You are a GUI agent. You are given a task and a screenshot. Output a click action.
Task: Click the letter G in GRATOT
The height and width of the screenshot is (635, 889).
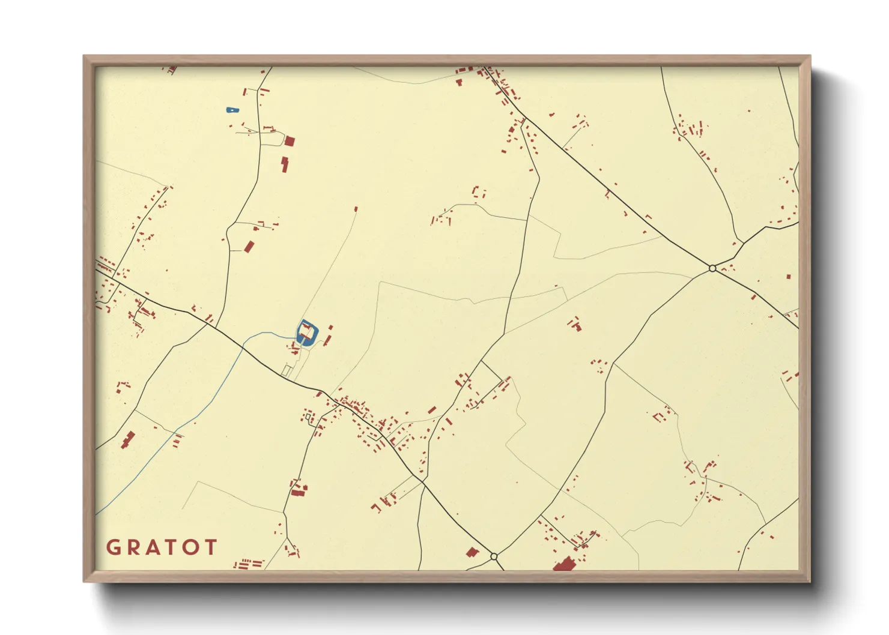pos(113,547)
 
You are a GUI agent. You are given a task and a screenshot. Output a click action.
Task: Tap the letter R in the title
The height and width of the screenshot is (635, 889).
pos(133,547)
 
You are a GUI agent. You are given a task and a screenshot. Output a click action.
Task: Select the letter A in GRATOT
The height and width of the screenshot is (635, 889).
pos(154,547)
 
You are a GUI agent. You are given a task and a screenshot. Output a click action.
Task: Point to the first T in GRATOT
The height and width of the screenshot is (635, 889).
pos(172,547)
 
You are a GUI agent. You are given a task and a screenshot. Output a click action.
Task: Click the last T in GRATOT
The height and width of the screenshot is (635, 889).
pos(210,547)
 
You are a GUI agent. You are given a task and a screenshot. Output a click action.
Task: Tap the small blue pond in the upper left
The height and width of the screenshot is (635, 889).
pos(232,110)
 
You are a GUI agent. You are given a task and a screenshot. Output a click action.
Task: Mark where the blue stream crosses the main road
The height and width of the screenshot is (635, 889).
pos(243,346)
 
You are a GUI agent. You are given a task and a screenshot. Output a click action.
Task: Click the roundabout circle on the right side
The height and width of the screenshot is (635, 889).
pos(712,268)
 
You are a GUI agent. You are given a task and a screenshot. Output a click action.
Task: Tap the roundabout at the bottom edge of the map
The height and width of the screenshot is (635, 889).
pos(494,557)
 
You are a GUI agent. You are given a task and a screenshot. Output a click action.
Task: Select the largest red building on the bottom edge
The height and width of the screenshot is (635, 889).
pos(563,564)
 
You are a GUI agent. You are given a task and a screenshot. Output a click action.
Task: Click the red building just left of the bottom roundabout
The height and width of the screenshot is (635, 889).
pos(472,552)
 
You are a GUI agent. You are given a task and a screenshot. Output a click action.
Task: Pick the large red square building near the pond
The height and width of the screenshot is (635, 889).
pos(290,142)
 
